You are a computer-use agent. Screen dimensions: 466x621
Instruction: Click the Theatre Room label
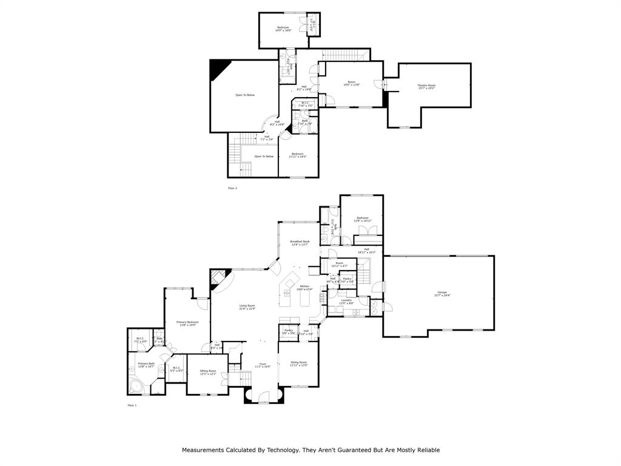point(426,86)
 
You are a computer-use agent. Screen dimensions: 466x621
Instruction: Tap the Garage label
point(441,294)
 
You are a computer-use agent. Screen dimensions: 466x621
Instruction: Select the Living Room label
point(247,307)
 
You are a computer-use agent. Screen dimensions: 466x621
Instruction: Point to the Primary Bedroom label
point(187,323)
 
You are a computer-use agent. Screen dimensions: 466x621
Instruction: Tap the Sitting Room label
point(208,371)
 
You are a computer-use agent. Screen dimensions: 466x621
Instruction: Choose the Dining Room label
point(298,363)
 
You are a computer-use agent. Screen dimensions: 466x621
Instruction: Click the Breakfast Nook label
point(300,243)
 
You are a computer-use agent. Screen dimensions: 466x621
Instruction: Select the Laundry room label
point(346,301)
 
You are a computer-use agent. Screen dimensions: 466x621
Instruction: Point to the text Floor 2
point(232,188)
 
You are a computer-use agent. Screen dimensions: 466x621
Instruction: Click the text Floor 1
point(132,405)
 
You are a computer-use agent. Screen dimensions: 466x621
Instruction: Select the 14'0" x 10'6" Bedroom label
point(283,29)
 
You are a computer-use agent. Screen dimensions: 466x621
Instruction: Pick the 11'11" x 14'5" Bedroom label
point(297,155)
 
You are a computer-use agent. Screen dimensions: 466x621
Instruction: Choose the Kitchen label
point(304,288)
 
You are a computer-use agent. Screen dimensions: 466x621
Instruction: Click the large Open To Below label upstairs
point(245,95)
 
